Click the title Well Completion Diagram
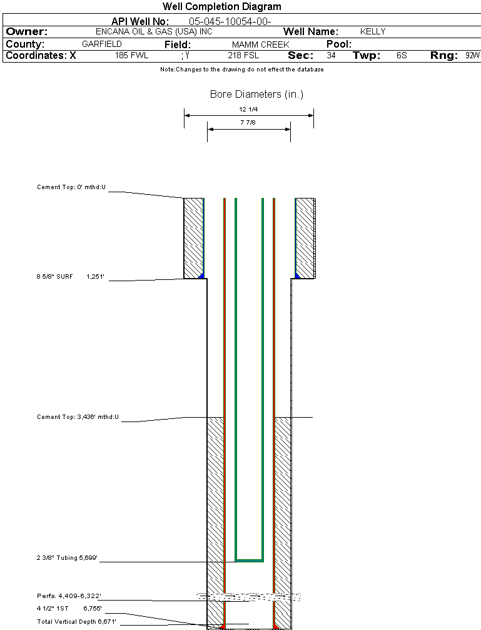[x=221, y=7]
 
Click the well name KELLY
[x=373, y=32]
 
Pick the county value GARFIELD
[x=101, y=44]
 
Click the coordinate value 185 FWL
[x=131, y=56]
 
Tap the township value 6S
[x=402, y=56]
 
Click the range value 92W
[x=472, y=56]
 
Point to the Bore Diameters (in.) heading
[x=256, y=95]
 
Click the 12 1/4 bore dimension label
[x=248, y=110]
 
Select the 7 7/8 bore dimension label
[x=248, y=123]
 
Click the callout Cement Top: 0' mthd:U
[x=72, y=187]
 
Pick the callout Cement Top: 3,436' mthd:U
[x=78, y=416]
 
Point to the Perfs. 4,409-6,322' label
[x=69, y=596]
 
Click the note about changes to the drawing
[x=241, y=70]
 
